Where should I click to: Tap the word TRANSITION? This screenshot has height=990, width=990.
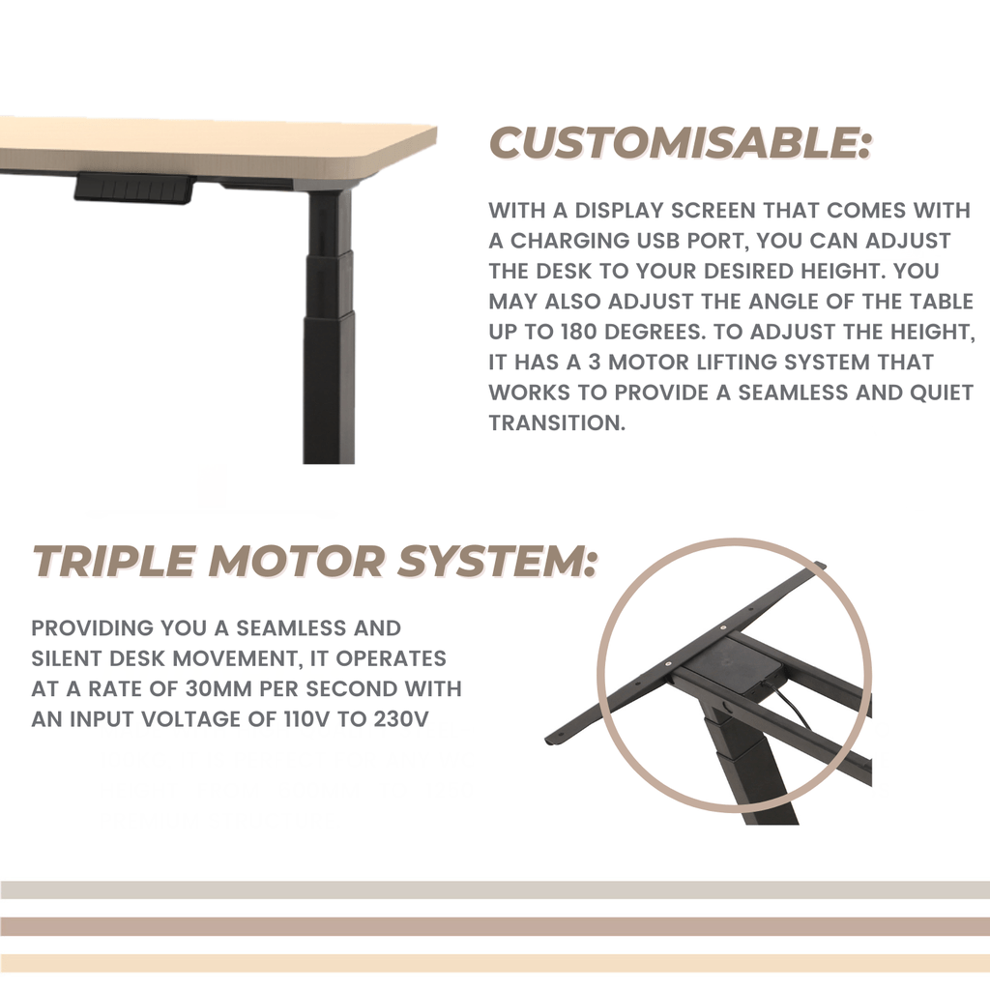(557, 422)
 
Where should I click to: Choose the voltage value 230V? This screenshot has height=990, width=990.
(399, 720)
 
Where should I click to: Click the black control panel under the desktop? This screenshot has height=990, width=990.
(133, 188)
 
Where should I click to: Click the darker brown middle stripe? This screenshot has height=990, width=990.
(495, 926)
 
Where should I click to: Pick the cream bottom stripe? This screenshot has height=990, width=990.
(495, 963)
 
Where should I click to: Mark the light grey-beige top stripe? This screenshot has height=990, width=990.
(495, 889)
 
